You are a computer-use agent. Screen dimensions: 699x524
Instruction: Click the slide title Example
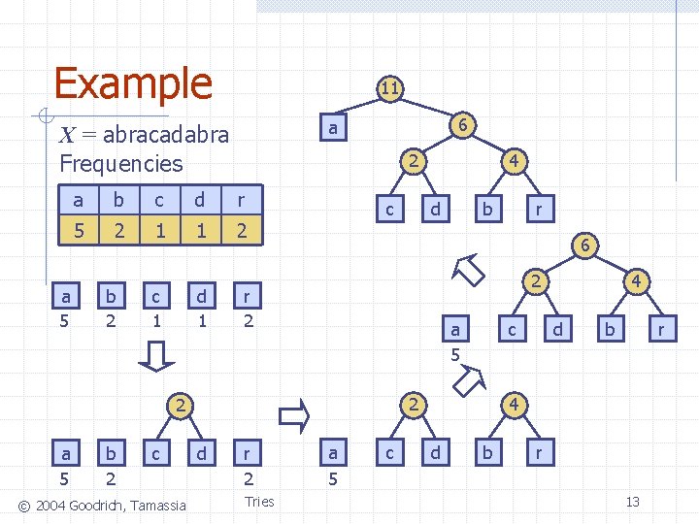coord(133,83)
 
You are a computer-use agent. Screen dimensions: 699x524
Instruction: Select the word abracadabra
coord(166,134)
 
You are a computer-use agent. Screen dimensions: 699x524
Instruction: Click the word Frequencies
coord(120,163)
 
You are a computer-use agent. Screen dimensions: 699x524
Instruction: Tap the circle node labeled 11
coord(389,89)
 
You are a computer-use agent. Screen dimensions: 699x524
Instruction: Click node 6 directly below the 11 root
coord(464,125)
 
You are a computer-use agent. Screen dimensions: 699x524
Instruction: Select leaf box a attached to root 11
coord(333,127)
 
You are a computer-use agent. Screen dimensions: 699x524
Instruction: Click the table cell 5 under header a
coord(78,232)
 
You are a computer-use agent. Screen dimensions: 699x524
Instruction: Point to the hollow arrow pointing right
coord(293,416)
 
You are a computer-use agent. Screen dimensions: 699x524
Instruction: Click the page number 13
coord(632,502)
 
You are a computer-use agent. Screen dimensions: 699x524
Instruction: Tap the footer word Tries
coord(259,502)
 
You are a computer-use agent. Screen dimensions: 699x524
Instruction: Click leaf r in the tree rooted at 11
coord(540,208)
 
